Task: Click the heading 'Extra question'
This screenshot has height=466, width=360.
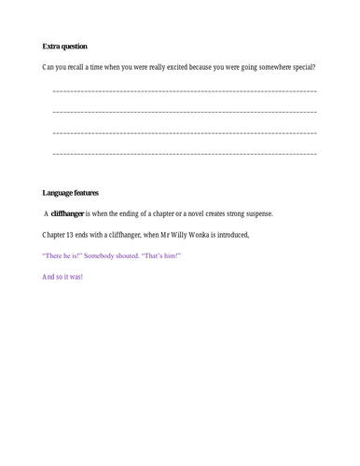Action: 65,47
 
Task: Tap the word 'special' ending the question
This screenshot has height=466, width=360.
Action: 299,67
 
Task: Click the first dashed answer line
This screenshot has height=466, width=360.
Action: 185,91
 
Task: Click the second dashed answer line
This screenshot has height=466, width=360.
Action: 185,112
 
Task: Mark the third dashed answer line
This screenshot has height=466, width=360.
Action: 185,132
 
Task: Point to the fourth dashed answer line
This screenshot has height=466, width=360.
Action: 185,153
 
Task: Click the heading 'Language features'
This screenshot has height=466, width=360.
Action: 73,193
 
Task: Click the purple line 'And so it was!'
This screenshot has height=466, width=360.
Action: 63,277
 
